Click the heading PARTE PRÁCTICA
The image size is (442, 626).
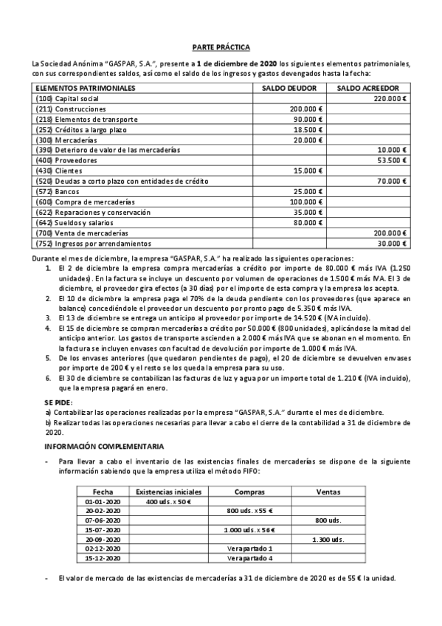[x=221, y=46]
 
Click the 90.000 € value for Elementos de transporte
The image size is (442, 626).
[x=308, y=119]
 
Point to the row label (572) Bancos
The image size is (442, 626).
[x=58, y=191]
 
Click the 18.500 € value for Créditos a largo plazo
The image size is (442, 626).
[x=308, y=129]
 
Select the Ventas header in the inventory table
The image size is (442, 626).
[x=328, y=491]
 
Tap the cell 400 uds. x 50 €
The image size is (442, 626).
[x=169, y=501]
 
